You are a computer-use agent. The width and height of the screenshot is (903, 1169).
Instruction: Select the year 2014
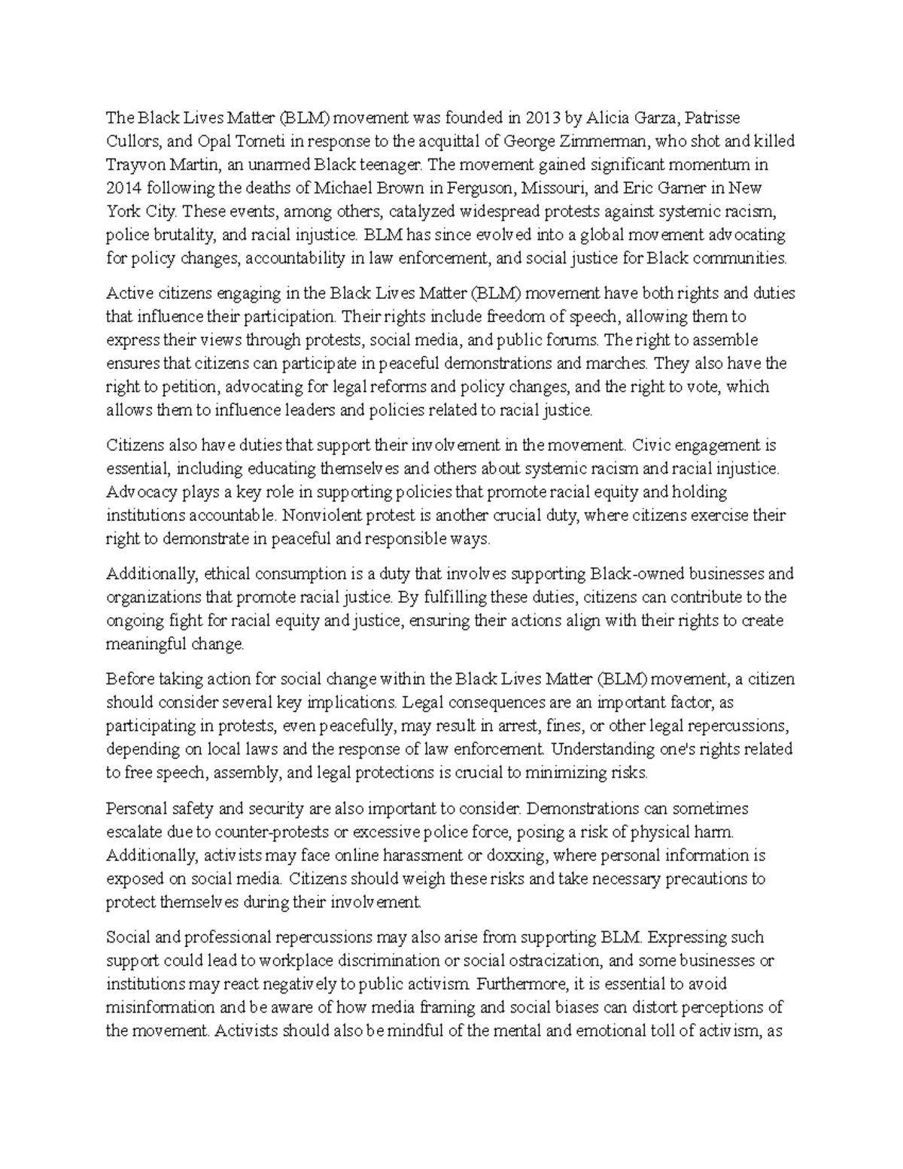[123, 188]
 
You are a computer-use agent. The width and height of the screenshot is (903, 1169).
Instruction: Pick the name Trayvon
[134, 165]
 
